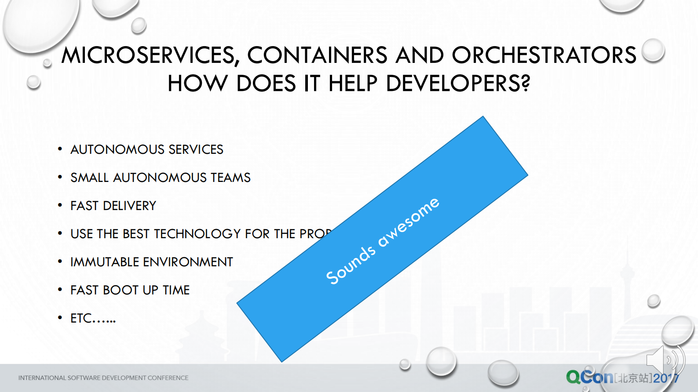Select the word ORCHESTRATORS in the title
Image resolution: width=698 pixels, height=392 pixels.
(544, 56)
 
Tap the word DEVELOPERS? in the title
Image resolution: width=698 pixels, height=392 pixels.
(458, 83)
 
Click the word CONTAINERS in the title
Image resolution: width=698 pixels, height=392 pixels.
(317, 56)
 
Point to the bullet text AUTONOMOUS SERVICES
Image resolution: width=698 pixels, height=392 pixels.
(147, 149)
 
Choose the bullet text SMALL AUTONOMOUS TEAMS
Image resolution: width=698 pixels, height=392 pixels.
(161, 178)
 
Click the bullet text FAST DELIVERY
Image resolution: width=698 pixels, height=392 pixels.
(113, 206)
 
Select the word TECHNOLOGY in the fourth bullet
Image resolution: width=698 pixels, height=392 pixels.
(197, 234)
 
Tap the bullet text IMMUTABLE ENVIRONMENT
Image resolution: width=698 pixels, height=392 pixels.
(152, 262)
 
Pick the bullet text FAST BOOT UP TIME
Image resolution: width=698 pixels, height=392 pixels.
(130, 290)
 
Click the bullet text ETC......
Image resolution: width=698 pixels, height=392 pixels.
(93, 318)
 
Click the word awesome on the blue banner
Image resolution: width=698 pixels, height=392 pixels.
(409, 222)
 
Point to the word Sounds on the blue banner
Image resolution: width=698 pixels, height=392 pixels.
(351, 265)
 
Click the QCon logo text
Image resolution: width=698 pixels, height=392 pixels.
(589, 377)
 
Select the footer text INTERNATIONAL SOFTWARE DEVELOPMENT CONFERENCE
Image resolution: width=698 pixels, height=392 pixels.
(103, 378)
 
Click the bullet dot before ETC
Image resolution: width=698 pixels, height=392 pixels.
(60, 318)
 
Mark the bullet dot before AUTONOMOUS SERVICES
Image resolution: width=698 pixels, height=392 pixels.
(60, 149)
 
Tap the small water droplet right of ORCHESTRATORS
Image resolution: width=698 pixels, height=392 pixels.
(653, 50)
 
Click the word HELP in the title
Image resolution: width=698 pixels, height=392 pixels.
(353, 83)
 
